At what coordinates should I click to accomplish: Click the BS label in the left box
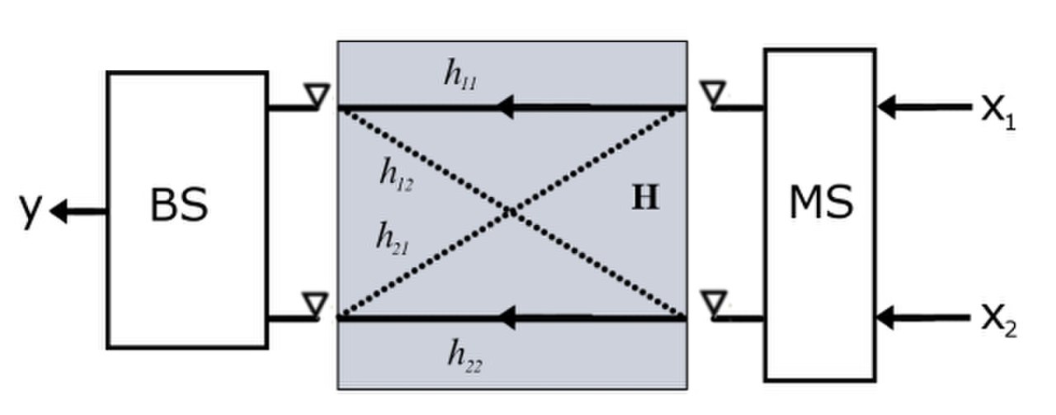(x=178, y=207)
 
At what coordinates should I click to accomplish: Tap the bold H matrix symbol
(x=645, y=200)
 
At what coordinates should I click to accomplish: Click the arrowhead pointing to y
(x=59, y=212)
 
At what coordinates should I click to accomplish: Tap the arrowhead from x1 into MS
(x=887, y=106)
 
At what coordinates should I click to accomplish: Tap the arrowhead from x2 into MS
(x=887, y=317)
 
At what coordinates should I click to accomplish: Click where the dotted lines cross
(x=512, y=212)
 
